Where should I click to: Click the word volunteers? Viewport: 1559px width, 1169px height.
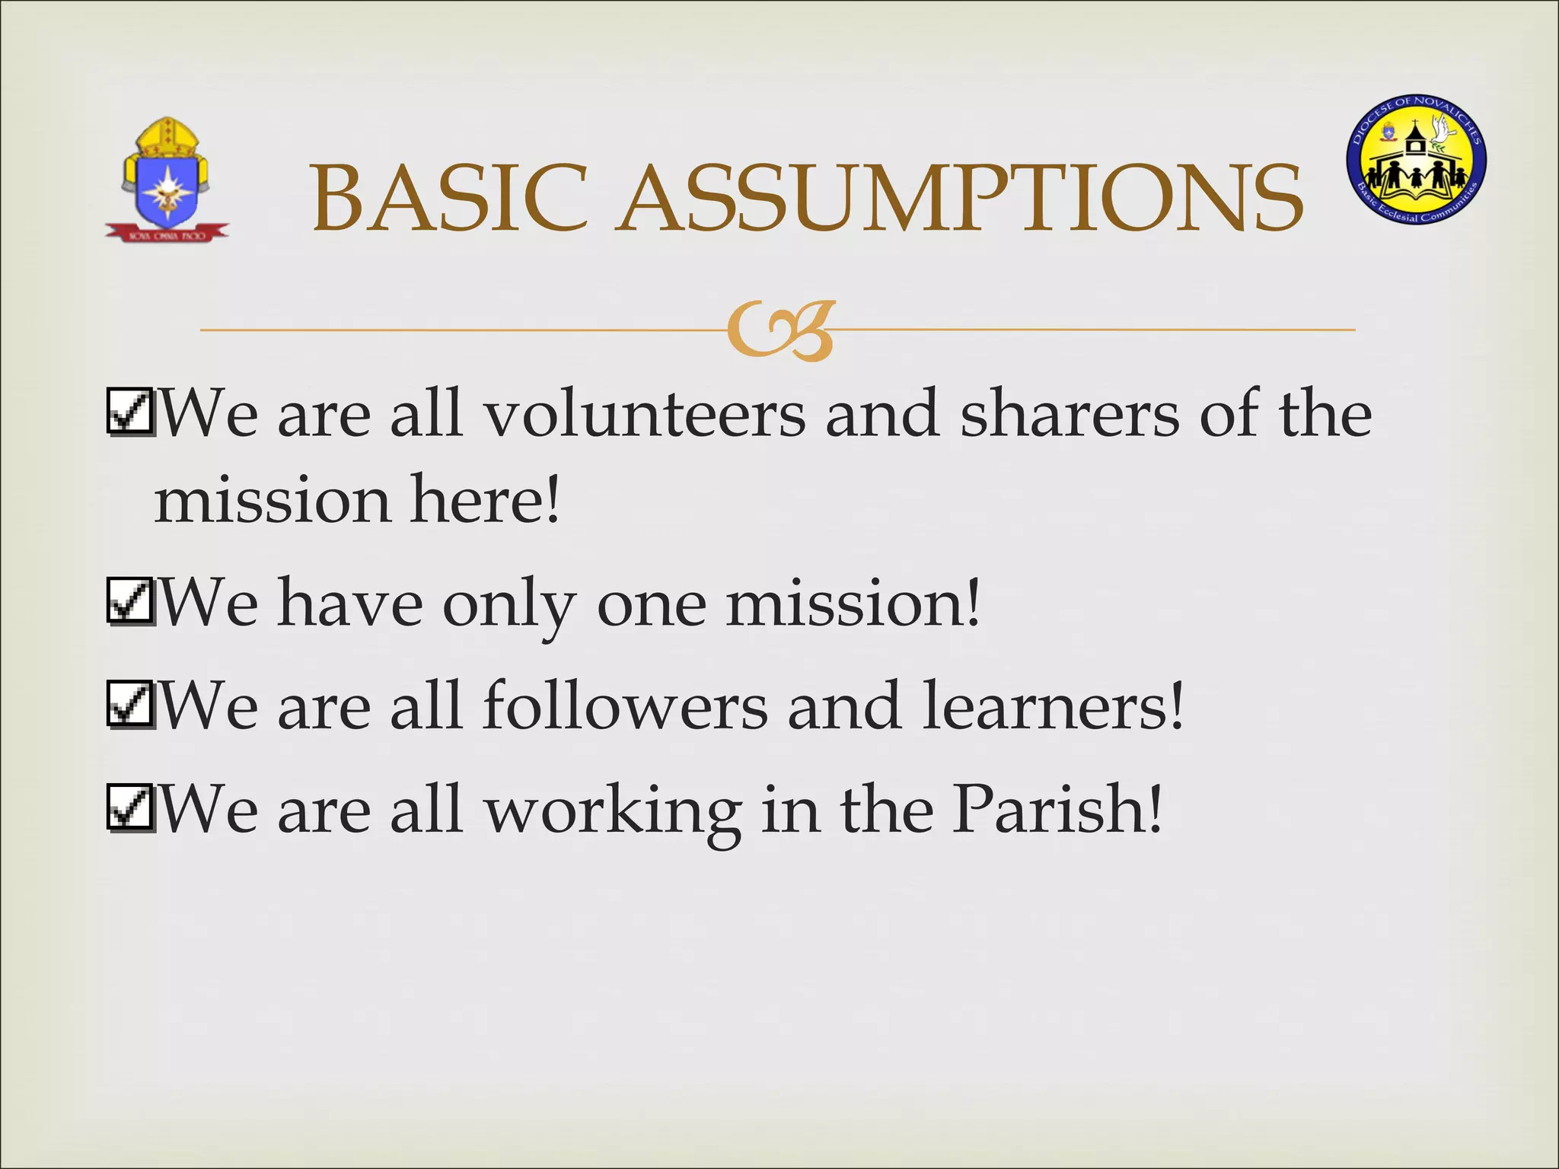pyautogui.click(x=645, y=415)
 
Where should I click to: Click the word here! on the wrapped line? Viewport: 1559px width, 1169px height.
pyautogui.click(x=485, y=500)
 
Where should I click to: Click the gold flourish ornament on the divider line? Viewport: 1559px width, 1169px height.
pyautogui.click(x=780, y=331)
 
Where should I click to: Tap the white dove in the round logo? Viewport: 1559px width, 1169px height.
pyautogui.click(x=1442, y=129)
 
